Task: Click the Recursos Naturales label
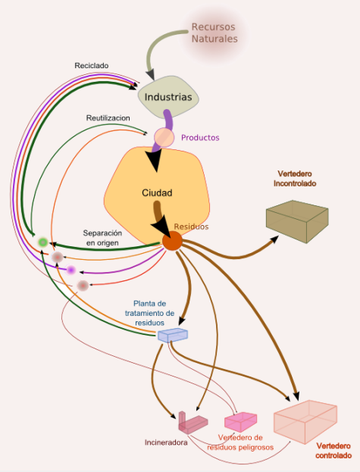click(x=214, y=33)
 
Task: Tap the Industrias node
click(x=168, y=97)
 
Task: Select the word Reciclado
click(x=92, y=66)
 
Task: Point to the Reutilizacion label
click(x=108, y=117)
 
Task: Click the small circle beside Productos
click(x=164, y=137)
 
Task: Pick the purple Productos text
click(x=200, y=138)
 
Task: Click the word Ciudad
click(x=157, y=192)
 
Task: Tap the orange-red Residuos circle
click(x=172, y=240)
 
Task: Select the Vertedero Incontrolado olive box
click(x=297, y=221)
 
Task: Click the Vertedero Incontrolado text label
click(x=295, y=179)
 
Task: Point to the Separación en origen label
click(x=102, y=238)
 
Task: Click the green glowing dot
click(x=43, y=242)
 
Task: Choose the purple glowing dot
click(x=70, y=270)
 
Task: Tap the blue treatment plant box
click(x=173, y=336)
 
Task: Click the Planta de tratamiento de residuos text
click(x=149, y=313)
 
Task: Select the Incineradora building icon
click(x=193, y=422)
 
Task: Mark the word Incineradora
click(x=166, y=442)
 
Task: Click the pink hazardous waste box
click(x=240, y=422)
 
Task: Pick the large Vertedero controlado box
click(x=305, y=421)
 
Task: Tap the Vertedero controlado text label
click(x=333, y=451)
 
